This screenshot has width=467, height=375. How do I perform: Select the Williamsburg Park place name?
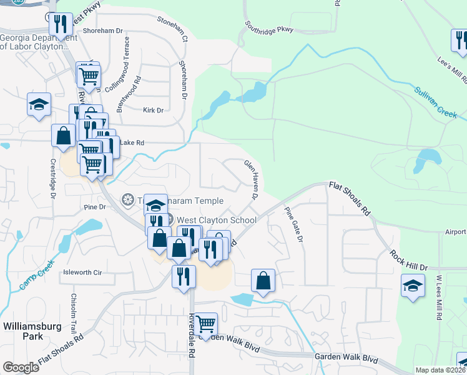[23, 331]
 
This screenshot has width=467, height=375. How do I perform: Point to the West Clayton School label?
[216, 220]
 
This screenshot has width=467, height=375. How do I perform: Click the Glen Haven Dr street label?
[251, 179]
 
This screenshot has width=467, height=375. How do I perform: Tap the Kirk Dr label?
[152, 110]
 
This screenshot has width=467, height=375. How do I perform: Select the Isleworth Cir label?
[82, 272]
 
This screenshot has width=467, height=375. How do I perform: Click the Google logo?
[21, 367]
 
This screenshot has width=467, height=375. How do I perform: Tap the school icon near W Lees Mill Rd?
[413, 287]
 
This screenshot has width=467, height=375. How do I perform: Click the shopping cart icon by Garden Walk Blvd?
[205, 324]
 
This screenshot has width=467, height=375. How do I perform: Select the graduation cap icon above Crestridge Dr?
[39, 104]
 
